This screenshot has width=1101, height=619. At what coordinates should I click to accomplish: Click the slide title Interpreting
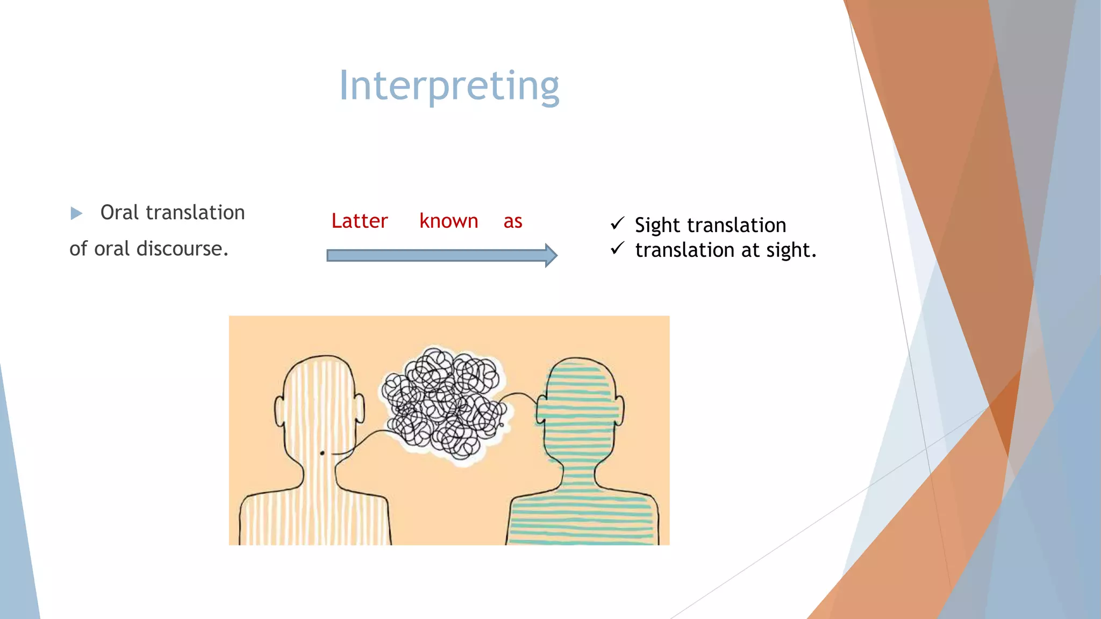click(449, 86)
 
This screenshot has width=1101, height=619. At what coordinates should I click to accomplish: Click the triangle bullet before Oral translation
click(76, 213)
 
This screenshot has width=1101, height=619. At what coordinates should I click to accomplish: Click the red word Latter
click(359, 221)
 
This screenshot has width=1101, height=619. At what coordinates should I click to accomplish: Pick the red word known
click(448, 221)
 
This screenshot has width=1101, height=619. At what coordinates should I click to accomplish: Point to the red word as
click(513, 221)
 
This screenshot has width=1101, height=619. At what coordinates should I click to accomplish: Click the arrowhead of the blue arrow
click(550, 255)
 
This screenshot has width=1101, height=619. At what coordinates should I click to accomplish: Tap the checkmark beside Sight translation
click(617, 223)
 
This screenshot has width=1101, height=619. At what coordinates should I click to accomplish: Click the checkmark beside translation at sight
click(617, 248)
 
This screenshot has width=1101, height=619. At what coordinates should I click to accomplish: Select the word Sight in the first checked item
click(657, 225)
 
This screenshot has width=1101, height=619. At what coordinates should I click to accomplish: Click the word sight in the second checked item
click(790, 250)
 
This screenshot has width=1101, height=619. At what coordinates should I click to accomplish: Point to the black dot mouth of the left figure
click(322, 454)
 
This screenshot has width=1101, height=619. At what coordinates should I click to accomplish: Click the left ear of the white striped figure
click(279, 411)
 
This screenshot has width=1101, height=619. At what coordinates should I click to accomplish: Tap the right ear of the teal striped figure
click(620, 411)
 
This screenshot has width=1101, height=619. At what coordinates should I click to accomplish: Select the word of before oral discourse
click(78, 249)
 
